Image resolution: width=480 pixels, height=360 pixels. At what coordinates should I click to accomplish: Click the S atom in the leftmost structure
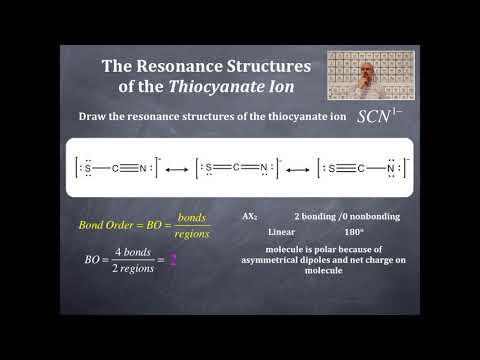[89, 167]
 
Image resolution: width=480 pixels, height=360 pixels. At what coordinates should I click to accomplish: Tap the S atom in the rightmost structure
[331, 167]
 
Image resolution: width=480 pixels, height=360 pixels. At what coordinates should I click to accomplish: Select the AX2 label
[250, 216]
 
